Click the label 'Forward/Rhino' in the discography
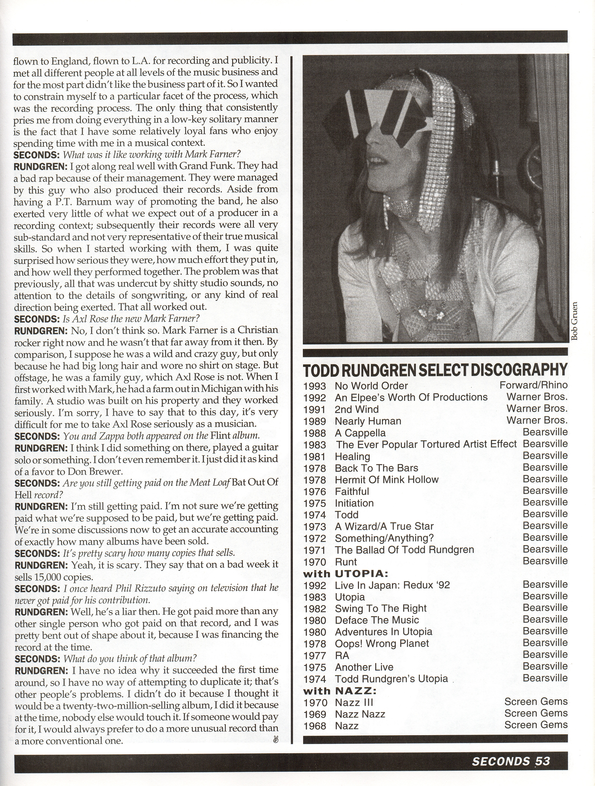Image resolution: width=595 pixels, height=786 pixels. pos(533,385)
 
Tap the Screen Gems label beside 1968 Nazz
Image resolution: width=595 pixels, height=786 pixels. pos(536,725)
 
